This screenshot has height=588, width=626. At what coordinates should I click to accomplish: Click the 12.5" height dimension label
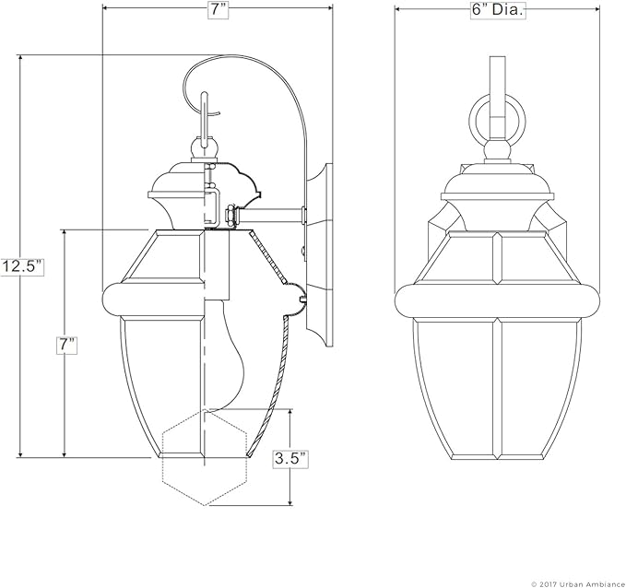[22, 267]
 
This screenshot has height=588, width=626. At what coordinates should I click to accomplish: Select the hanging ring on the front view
[498, 120]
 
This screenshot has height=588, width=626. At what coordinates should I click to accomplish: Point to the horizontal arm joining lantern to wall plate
[272, 217]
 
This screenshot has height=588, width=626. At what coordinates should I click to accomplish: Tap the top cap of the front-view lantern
[498, 184]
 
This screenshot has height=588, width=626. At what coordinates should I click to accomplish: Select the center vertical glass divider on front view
[498, 387]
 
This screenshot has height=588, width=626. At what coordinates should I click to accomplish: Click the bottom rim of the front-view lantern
[498, 453]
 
